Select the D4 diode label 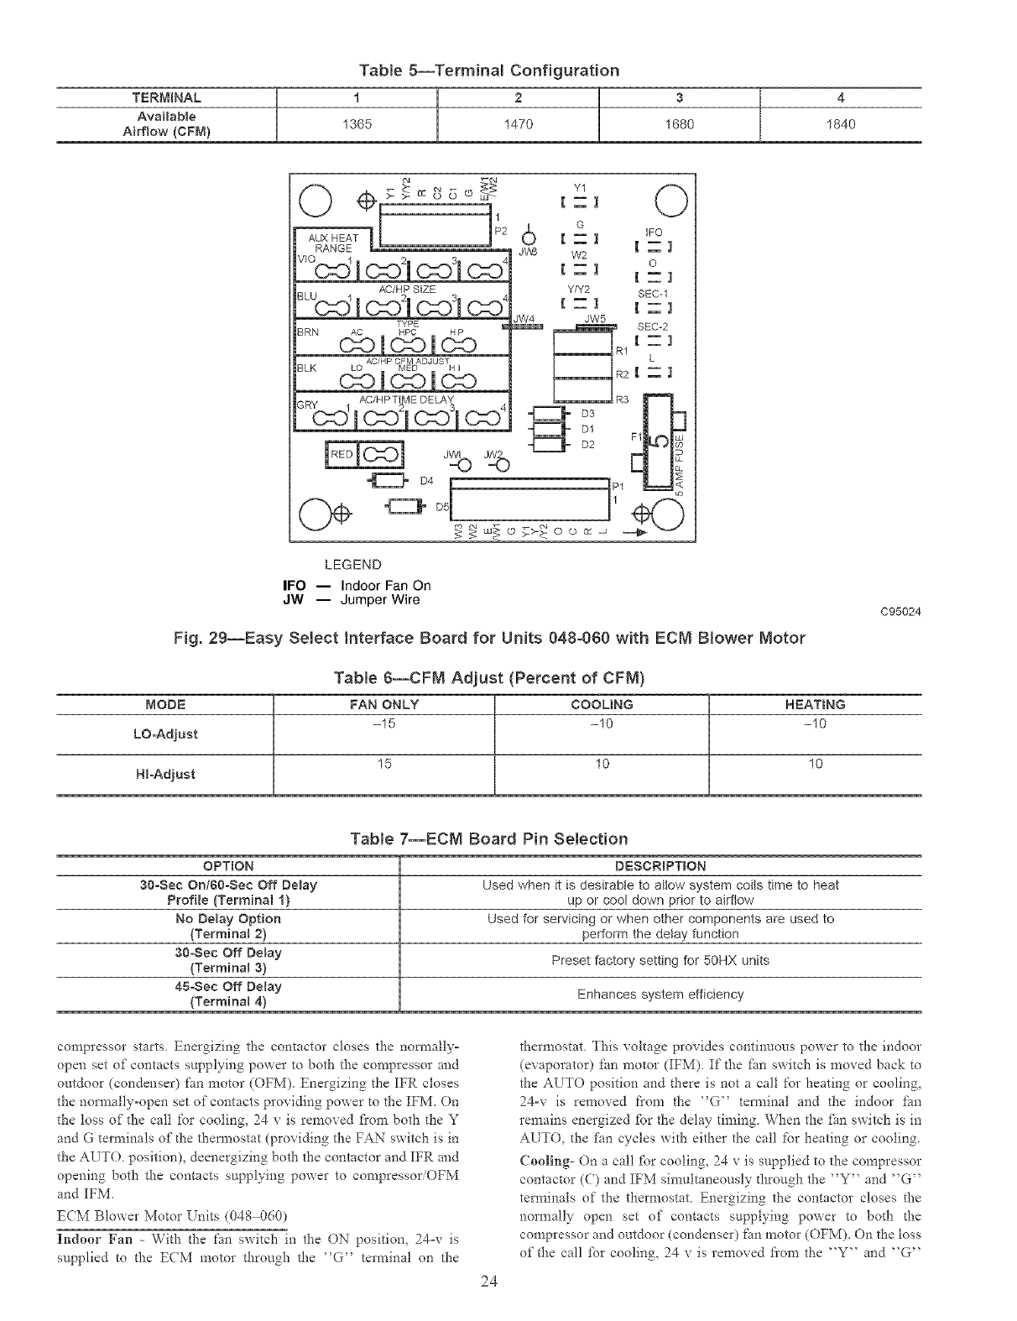tap(426, 481)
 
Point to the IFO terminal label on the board tap(654, 232)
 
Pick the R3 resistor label tap(622, 399)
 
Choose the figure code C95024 tap(900, 611)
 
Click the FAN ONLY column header tap(384, 704)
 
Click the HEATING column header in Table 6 tap(815, 704)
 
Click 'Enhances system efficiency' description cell tap(660, 995)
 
